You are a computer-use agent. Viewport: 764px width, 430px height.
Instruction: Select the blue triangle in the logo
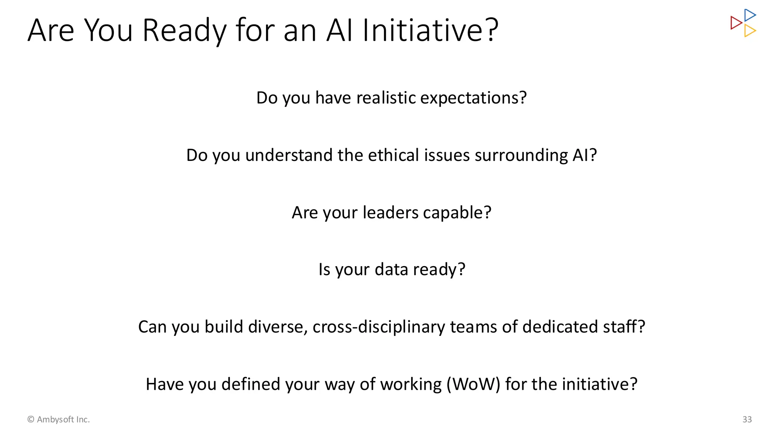(x=749, y=15)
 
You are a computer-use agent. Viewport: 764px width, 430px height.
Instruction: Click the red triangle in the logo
(x=736, y=23)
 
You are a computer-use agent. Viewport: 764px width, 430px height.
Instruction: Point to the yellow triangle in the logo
(x=749, y=31)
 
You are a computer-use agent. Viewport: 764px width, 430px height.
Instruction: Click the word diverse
(x=278, y=327)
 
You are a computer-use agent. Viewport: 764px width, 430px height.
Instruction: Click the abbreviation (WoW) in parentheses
(x=473, y=384)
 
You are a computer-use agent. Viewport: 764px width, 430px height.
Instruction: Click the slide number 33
(x=747, y=420)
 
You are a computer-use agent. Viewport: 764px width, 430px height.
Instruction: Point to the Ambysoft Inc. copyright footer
(x=59, y=420)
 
